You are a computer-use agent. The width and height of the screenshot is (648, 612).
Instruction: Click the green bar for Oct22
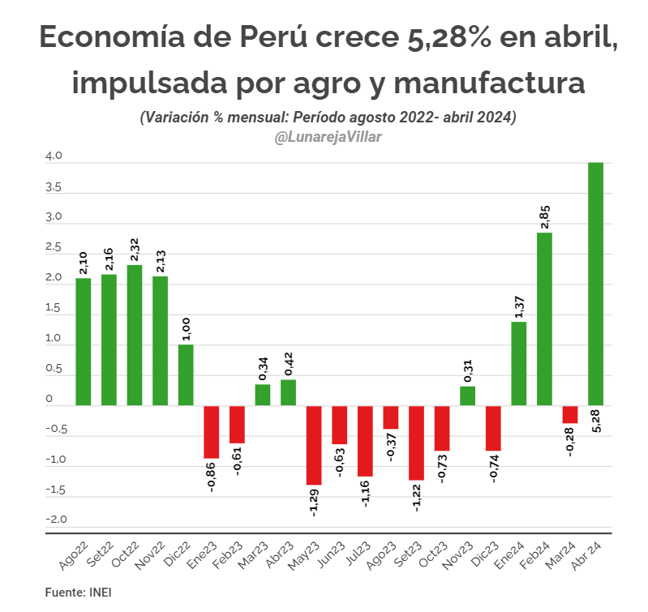(135, 335)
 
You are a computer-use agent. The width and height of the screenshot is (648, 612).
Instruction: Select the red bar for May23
(314, 445)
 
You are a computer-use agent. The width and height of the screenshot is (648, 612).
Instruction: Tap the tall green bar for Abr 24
(595, 284)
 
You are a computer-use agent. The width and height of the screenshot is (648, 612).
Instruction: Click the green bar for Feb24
(544, 319)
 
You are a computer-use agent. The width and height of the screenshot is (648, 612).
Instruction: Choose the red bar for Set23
(416, 443)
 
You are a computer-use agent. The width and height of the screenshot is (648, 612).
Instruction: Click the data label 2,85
(545, 217)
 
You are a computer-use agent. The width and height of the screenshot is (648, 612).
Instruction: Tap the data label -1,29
(314, 503)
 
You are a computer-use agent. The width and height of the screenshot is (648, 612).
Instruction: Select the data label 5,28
(596, 422)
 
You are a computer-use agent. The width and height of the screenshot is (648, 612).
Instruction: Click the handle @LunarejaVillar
(328, 137)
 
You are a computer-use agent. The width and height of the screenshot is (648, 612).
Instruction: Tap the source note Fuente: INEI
(78, 593)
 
